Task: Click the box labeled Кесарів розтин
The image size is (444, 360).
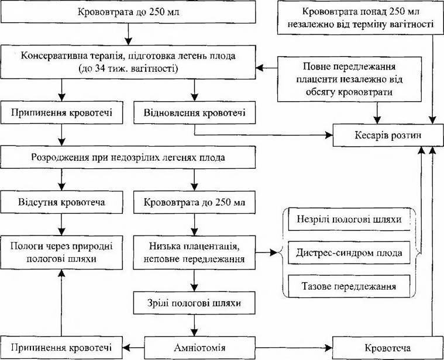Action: (388, 135)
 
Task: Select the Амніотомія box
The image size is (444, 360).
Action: (199, 348)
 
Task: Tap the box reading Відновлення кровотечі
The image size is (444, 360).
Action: (195, 113)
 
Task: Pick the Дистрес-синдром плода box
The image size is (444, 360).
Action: (349, 252)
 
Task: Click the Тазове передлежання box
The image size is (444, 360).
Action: (349, 286)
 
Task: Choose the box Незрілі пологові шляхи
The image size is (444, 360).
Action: (349, 219)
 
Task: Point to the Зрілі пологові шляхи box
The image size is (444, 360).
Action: (195, 303)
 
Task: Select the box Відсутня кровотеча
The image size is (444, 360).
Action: (62, 202)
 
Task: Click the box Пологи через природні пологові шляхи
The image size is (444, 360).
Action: (62, 252)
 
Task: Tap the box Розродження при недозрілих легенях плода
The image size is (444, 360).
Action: (128, 157)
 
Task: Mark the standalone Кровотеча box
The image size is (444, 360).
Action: (388, 348)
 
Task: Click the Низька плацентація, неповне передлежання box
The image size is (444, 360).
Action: (195, 252)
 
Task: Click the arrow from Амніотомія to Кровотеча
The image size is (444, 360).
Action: (294, 348)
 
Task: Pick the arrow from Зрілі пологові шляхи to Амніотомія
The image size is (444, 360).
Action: (194, 325)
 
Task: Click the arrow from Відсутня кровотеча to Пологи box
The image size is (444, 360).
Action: (61, 224)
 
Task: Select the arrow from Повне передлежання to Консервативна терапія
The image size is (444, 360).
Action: (266, 68)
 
